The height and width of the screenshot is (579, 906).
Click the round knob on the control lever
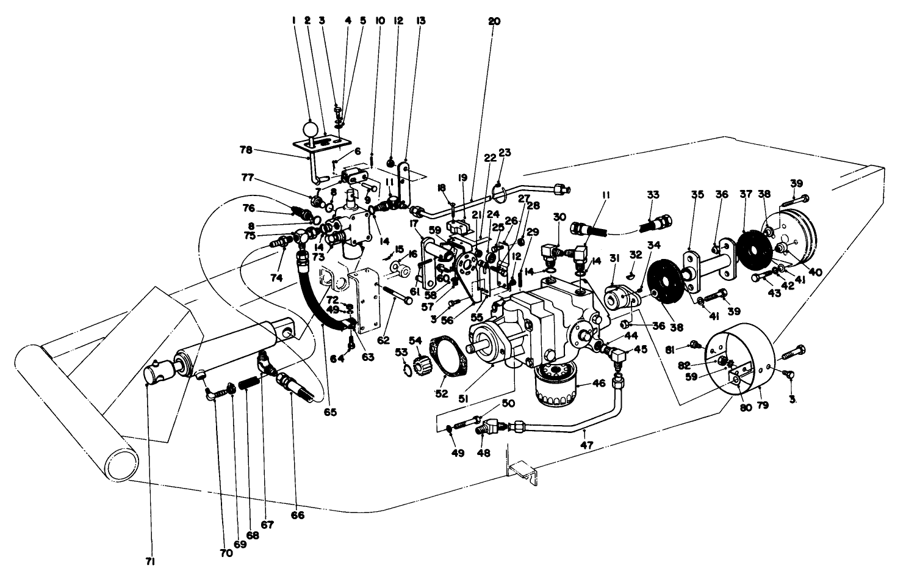(310, 129)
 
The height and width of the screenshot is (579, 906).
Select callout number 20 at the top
(494, 21)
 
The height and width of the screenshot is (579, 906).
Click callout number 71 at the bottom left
(150, 561)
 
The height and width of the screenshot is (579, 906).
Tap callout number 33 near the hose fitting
(653, 195)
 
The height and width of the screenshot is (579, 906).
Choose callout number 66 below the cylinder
(297, 515)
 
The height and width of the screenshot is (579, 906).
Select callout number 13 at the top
(420, 21)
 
